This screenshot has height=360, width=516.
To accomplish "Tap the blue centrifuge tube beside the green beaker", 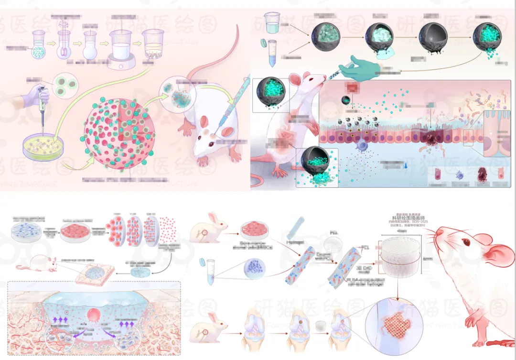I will click(x=273, y=53).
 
